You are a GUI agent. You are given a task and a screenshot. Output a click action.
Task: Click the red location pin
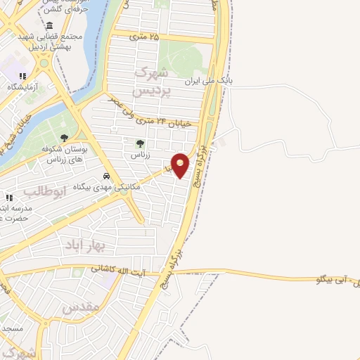tap(181, 165)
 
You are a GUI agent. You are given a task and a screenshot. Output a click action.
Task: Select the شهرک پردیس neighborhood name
tap(150, 82)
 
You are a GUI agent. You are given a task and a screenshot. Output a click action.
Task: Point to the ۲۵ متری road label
tap(143, 36)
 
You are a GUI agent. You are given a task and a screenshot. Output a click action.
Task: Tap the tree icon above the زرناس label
tap(140, 143)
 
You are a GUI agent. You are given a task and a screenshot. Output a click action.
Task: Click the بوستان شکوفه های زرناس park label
tap(65, 155)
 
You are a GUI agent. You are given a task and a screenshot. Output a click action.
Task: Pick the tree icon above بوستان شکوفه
tap(64, 139)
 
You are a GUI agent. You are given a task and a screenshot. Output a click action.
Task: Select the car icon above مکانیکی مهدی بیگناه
tap(105, 176)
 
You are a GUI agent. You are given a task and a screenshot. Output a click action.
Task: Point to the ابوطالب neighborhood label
tap(44, 191)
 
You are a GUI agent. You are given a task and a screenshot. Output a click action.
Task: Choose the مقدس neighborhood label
tap(77, 307)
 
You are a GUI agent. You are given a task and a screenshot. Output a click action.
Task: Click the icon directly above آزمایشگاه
tap(22, 76)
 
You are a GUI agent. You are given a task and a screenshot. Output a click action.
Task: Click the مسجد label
tap(13, 328)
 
